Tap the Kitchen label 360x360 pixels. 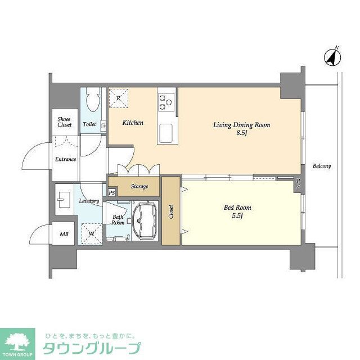133,123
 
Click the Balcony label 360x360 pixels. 322,166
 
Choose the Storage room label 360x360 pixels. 139,186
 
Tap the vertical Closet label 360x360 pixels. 171,211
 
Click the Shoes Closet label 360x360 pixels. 65,121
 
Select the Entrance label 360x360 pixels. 65,159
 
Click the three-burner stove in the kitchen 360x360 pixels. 165,101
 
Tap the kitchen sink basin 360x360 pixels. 167,133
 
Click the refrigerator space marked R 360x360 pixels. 118,98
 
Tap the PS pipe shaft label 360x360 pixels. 112,193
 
